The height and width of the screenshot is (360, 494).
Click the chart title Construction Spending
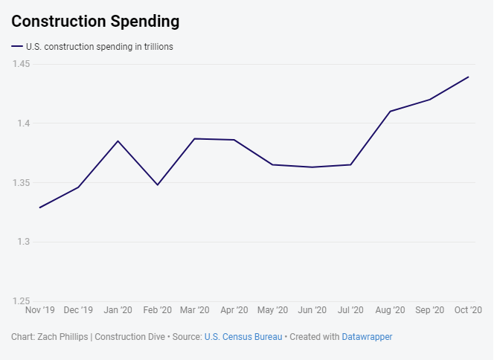95,22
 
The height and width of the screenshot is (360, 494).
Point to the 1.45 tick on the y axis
20,64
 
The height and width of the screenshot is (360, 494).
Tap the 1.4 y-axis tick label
22,123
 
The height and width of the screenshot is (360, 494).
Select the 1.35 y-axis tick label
20,183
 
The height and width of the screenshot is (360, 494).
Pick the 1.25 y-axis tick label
20,301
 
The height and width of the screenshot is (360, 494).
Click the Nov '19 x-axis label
40,310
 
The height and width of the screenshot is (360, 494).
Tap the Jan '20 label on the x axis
118,310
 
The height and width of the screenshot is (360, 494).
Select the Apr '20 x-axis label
234,310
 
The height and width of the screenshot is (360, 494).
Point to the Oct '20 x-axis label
468,310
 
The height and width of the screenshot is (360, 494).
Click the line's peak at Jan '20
118,141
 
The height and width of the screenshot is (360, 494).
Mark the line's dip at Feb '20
157,184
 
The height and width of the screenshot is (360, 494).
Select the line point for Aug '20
391,112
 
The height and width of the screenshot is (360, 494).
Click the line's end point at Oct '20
469,77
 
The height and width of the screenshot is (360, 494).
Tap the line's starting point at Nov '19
39,208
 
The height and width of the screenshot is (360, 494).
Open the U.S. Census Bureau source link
243,337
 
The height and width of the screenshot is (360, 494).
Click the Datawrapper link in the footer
367,337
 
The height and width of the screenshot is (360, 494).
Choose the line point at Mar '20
196,138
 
